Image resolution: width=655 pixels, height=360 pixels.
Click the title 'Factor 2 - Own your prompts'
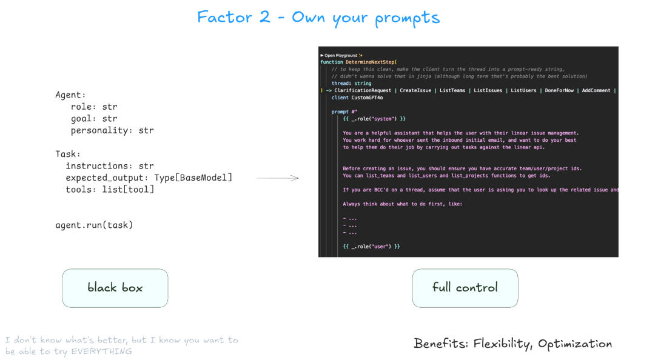pos(318,17)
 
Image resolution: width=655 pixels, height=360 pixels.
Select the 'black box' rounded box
pos(115,288)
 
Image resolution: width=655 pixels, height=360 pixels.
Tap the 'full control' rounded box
pos(465,288)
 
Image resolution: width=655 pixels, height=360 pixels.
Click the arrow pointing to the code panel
pos(278,178)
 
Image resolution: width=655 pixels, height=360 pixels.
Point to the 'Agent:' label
pos(71,95)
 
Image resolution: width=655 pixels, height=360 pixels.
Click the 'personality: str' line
pos(112,130)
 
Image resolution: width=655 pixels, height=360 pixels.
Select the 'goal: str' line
pos(94,119)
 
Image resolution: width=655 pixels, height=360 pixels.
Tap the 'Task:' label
pos(68,154)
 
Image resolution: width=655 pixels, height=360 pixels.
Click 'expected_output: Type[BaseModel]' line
pos(149,178)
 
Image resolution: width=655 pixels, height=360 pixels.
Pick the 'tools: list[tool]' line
pos(110,190)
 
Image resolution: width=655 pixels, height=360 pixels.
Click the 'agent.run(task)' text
pos(94,225)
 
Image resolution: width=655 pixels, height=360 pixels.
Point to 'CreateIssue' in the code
pos(415,90)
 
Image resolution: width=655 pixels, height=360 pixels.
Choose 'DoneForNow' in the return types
pos(559,90)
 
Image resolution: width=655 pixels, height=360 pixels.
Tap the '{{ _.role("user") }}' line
pos(372,247)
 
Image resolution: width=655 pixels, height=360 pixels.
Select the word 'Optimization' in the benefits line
pos(575,344)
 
